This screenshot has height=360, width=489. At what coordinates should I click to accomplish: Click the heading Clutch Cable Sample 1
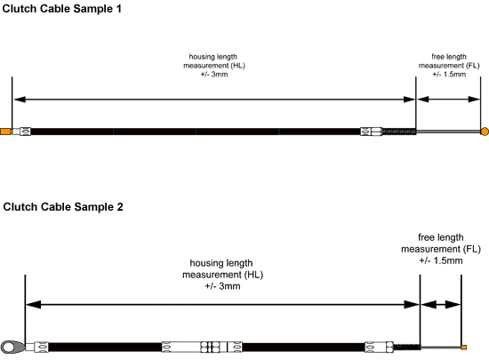click(x=61, y=9)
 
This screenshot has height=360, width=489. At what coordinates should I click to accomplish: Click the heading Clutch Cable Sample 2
click(x=63, y=207)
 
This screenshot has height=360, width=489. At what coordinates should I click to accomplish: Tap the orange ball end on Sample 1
click(x=485, y=132)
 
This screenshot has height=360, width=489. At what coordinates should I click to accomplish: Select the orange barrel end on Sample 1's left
click(x=6, y=132)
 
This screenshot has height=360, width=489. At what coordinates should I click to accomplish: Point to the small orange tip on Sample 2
click(x=464, y=348)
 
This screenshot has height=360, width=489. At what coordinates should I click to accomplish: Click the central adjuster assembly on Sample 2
click(x=202, y=347)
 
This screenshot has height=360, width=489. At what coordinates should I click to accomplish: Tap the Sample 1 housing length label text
click(x=214, y=66)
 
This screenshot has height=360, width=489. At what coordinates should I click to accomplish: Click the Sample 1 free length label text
click(x=449, y=66)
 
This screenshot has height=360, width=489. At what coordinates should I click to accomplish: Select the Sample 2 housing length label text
click(x=222, y=275)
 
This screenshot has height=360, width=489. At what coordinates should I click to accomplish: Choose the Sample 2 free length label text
click(x=441, y=249)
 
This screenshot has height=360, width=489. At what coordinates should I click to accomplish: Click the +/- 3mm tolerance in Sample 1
click(x=214, y=75)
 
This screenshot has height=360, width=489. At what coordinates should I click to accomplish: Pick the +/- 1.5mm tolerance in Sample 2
click(x=441, y=260)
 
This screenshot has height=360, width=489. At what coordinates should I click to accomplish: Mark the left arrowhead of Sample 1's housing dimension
click(x=20, y=100)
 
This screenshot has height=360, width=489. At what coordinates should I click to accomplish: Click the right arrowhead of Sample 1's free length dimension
click(x=474, y=100)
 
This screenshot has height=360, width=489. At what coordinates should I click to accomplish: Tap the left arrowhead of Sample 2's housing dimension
click(x=33, y=305)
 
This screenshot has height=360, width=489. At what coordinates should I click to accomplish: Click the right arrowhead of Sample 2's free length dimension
click(x=453, y=305)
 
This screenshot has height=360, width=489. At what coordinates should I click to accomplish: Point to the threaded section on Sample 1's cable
click(x=399, y=132)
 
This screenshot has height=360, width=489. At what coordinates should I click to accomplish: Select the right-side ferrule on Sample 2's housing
click(x=379, y=347)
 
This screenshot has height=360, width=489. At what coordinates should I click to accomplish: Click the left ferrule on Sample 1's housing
click(x=25, y=132)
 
